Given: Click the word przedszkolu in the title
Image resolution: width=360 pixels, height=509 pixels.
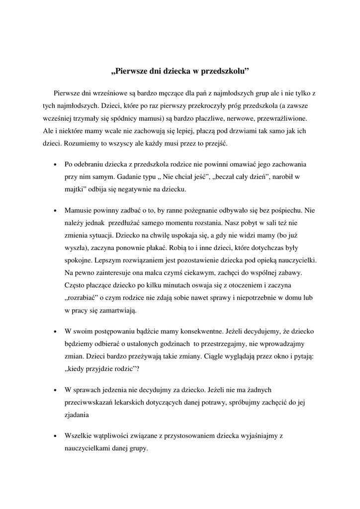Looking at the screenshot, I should [x=223, y=71].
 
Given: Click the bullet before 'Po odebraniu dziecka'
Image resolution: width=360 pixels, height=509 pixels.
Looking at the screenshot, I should [x=55, y=165].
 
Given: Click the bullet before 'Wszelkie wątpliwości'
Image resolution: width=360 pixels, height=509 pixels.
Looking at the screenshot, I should [x=55, y=436].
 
